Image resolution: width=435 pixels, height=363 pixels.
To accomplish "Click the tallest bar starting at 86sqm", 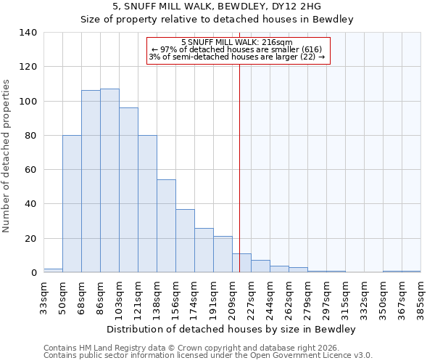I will (109, 181).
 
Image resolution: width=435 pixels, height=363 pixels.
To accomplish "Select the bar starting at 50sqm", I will (72, 204).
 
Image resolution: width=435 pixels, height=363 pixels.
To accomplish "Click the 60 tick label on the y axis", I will (31, 170).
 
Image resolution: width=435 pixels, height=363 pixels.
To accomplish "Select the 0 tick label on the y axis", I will (34, 273).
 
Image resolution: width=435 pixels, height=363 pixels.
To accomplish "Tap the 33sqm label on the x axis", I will (44, 296).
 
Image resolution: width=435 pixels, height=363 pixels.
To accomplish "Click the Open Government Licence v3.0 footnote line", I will (208, 356).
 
